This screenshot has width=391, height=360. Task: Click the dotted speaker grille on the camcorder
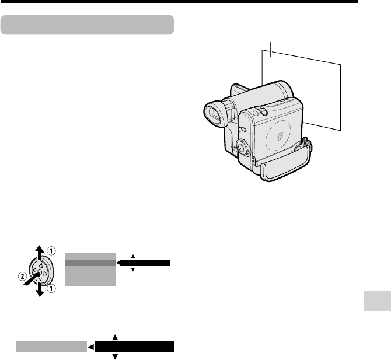pyautogui.click(x=280, y=136)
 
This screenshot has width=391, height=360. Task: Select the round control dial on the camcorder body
pyautogui.click(x=242, y=148)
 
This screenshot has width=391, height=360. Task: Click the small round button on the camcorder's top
pyautogui.click(x=255, y=113)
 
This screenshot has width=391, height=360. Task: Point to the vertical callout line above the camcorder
pyautogui.click(x=271, y=50)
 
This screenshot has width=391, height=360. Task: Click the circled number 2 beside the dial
pyautogui.click(x=22, y=276)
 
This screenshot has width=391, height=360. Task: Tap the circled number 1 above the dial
pyautogui.click(x=51, y=251)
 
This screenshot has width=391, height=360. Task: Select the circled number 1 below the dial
pyautogui.click(x=51, y=289)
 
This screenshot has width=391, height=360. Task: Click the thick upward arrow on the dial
pyautogui.click(x=39, y=251)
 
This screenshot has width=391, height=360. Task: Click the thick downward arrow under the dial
pyautogui.click(x=40, y=290)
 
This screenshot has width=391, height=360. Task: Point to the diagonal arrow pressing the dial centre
pyautogui.click(x=32, y=279)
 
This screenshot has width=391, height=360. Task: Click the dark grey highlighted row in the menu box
pyautogui.click(x=90, y=263)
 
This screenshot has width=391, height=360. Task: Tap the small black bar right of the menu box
pyautogui.click(x=145, y=263)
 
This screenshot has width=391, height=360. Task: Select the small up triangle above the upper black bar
pyautogui.click(x=133, y=256)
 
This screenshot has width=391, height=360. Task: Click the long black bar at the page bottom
pyautogui.click(x=134, y=347)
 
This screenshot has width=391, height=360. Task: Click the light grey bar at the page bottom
pyautogui.click(x=51, y=347)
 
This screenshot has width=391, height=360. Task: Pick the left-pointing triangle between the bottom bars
pyautogui.click(x=91, y=347)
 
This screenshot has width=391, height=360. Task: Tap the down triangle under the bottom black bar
pyautogui.click(x=115, y=356)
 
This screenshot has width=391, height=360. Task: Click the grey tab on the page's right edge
pyautogui.click(x=378, y=301)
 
